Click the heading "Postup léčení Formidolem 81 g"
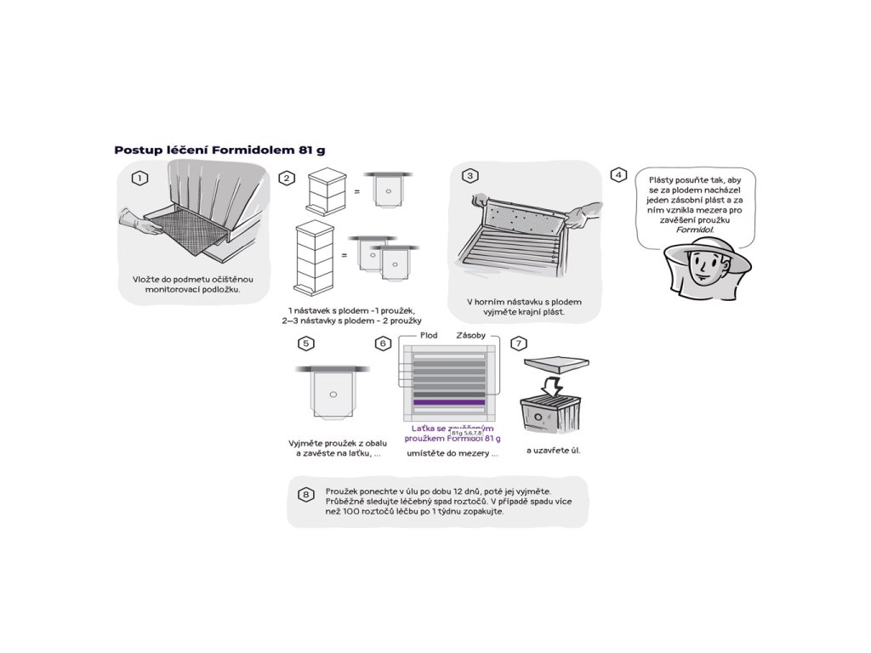point(219,150)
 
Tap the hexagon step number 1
point(139,178)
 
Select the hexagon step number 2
point(287,178)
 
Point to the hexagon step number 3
point(470,176)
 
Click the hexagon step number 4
point(618,175)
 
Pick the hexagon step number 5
point(306,344)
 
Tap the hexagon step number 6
point(384,344)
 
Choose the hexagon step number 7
point(519,344)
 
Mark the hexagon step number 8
point(306,494)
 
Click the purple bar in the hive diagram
point(449,402)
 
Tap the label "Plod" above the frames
point(429,336)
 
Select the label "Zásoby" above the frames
point(470,336)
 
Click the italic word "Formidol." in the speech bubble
point(695,230)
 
